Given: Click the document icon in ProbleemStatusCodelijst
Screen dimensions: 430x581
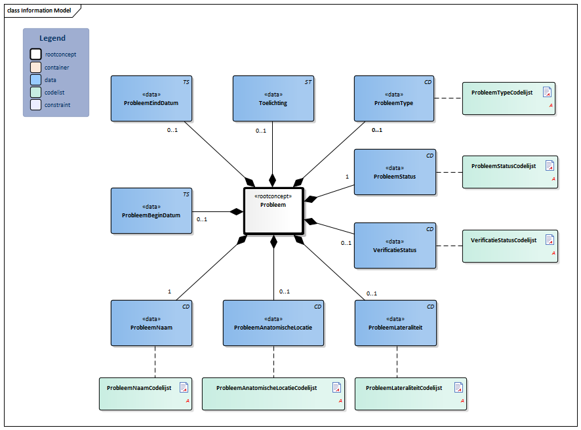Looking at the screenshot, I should (x=550, y=166).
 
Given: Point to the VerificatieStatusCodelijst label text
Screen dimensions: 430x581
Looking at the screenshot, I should (x=503, y=240).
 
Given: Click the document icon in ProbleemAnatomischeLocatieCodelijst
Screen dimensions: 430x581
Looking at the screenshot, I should (x=336, y=387).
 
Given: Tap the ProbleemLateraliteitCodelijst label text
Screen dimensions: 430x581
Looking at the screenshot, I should (x=403, y=388).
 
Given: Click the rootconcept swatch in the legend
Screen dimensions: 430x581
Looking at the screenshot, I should (x=35, y=54).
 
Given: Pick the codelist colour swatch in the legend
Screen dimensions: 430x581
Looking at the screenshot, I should (x=35, y=92).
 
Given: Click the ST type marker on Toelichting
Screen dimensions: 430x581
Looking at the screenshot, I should (x=308, y=82).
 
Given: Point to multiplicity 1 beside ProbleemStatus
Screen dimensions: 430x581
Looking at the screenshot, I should (x=347, y=176).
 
